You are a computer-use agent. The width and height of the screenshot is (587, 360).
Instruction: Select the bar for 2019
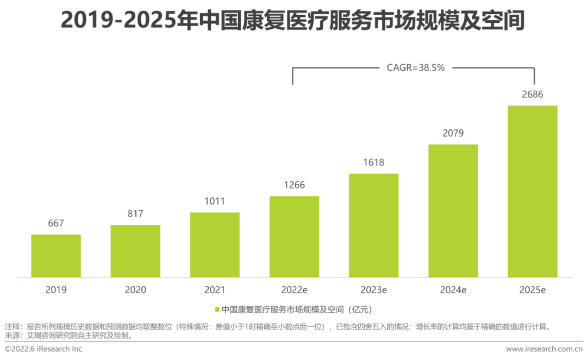click(56, 256)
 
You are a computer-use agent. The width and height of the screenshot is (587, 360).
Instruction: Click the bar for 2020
click(135, 251)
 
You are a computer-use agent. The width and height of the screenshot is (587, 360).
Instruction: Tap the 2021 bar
click(215, 244)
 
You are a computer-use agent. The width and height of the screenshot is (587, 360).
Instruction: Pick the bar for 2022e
click(294, 237)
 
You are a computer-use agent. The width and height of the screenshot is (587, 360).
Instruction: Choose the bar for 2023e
click(373, 225)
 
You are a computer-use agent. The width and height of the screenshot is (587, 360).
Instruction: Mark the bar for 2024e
click(453, 210)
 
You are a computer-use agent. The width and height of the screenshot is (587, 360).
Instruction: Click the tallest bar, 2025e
click(533, 191)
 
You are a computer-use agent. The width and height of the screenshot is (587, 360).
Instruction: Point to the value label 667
click(56, 223)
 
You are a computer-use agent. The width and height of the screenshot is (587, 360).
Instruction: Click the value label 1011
click(215, 201)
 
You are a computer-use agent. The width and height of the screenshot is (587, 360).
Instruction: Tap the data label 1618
click(373, 162)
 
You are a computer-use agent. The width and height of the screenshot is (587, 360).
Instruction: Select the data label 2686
click(533, 95)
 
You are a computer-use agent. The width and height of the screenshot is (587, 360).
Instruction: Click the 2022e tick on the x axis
click(294, 290)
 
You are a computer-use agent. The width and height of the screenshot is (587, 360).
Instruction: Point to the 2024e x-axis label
click(453, 290)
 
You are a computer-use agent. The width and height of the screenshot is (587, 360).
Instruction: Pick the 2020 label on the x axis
click(135, 290)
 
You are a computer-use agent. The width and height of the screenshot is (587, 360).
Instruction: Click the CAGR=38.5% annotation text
click(416, 68)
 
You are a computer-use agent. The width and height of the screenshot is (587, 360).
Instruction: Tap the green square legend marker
click(217, 310)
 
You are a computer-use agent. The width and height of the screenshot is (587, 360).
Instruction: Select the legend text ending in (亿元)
click(296, 310)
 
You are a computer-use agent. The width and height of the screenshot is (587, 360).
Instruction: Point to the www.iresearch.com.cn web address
click(544, 349)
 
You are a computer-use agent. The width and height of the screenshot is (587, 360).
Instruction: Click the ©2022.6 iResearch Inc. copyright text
click(44, 349)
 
